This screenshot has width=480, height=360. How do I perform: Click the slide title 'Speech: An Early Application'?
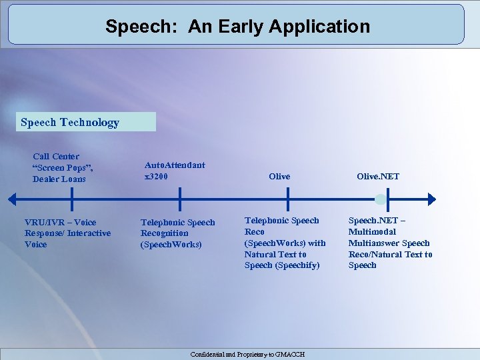(x=237, y=27)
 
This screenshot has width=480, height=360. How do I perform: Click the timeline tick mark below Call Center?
(x=71, y=199)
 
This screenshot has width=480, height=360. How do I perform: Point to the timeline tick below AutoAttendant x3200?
(x=179, y=199)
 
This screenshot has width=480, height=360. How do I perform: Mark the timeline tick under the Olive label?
(x=287, y=199)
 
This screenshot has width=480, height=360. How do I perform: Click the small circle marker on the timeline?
(x=380, y=199)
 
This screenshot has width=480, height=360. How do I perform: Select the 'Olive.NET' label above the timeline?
(x=378, y=177)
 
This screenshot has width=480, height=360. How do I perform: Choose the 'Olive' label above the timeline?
(x=279, y=177)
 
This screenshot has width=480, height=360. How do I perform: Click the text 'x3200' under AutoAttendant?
(x=156, y=177)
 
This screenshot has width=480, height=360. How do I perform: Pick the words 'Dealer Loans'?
(x=59, y=179)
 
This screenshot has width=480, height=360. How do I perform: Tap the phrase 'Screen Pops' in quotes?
(x=65, y=168)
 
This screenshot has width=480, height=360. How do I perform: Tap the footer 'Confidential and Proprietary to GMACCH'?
(x=247, y=355)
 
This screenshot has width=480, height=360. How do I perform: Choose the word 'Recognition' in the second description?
(x=164, y=233)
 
